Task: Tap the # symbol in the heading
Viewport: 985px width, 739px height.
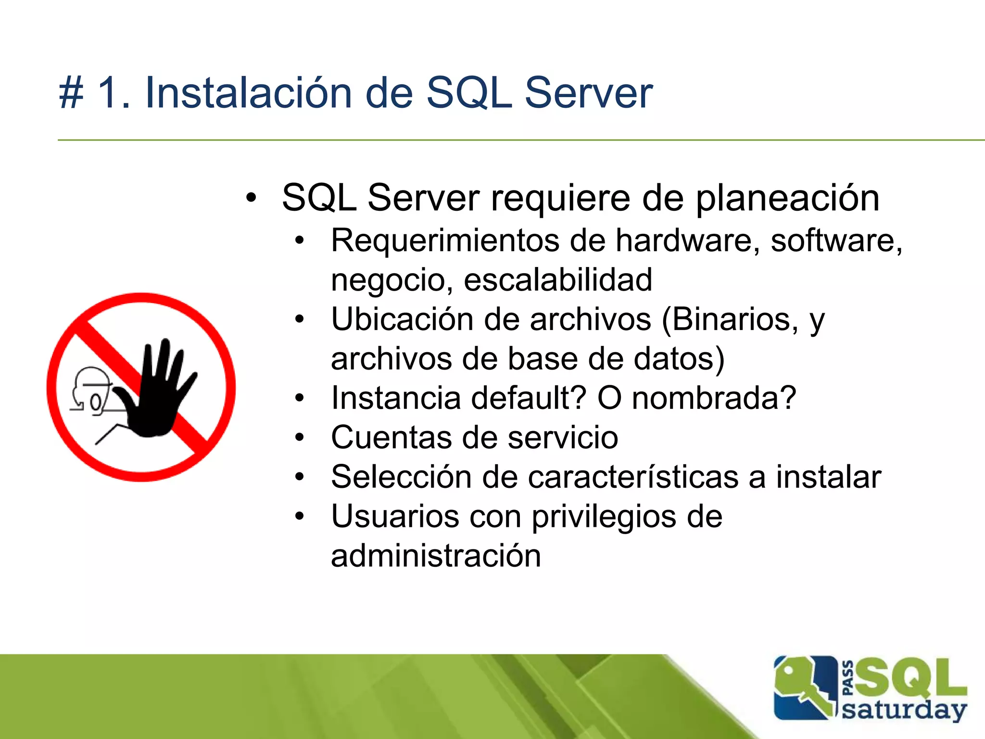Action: click(x=71, y=93)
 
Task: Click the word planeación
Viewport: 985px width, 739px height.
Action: click(x=787, y=198)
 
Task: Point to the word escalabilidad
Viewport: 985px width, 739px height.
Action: click(x=558, y=280)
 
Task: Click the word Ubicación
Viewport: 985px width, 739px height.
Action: click(x=402, y=319)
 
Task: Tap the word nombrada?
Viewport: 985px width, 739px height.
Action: click(x=714, y=398)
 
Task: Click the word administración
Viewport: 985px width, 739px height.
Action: click(x=436, y=556)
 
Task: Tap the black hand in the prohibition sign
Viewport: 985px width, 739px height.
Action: click(x=156, y=395)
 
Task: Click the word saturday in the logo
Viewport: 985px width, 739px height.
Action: click(x=904, y=711)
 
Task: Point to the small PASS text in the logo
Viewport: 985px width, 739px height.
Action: click(x=848, y=678)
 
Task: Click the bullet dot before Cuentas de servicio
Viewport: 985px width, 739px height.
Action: click(x=300, y=438)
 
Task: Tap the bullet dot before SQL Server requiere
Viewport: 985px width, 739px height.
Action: click(x=251, y=198)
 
